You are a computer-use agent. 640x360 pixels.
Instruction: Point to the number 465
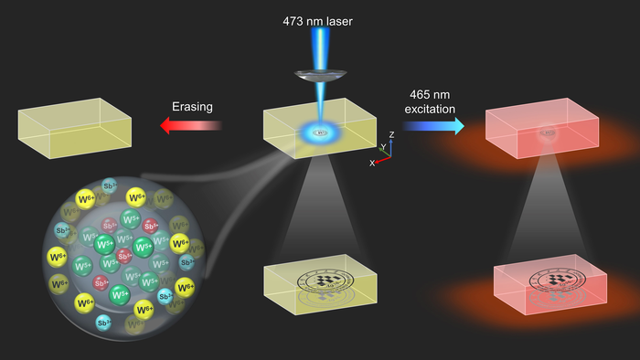point(417,93)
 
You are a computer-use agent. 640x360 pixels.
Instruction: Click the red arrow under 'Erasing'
point(191,125)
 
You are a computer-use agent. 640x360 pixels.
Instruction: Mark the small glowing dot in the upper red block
point(547,134)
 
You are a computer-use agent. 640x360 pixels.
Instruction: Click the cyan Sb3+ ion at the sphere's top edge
point(110,185)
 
